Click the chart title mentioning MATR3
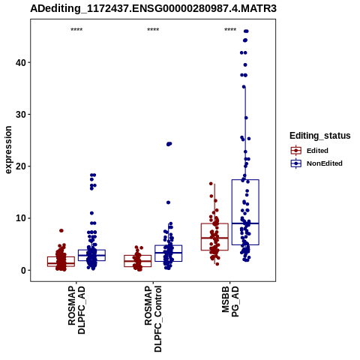(x=153, y=8)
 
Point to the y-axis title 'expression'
(x=8, y=150)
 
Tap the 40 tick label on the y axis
(x=21, y=62)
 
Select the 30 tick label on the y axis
(x=21, y=115)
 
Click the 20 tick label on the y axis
(x=21, y=166)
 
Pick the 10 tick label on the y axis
(x=21, y=218)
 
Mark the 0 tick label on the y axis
(x=23, y=270)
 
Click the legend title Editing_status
(x=320, y=136)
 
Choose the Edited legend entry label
(x=317, y=151)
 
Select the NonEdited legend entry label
(x=325, y=163)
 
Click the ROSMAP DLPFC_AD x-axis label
(x=76, y=310)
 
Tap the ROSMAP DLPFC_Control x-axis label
(x=153, y=319)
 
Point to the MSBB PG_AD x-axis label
(x=230, y=301)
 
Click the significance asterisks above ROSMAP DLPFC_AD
(x=76, y=30)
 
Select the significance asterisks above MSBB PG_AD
(x=230, y=30)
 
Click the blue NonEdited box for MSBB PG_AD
(x=245, y=180)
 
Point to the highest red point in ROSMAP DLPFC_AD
(x=61, y=230)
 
